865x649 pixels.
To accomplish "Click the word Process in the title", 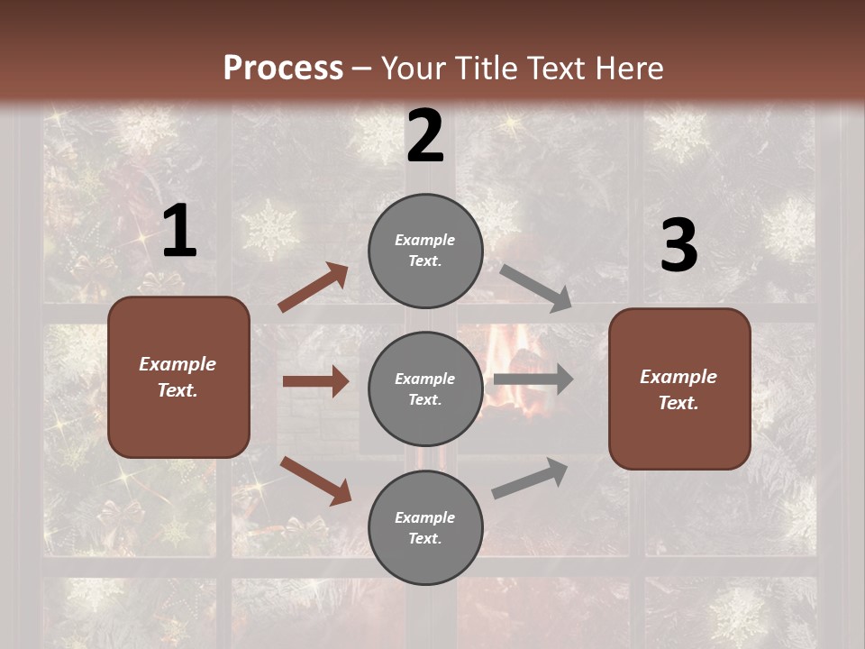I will point(283,68).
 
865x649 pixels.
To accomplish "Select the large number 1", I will point(179,232).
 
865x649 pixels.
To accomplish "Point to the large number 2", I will point(425,136).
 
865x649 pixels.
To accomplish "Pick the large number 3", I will point(678,246).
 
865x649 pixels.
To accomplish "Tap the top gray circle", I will point(425,251).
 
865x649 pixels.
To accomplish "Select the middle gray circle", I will point(425,388).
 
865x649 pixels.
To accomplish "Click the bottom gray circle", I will point(425,527).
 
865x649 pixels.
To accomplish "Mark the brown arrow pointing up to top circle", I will point(314,288).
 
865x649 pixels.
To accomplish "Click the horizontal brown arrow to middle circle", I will point(315,381).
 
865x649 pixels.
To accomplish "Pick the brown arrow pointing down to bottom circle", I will point(315,480).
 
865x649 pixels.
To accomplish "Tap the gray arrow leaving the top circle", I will point(536,288).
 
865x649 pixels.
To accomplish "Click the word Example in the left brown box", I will point(178,364).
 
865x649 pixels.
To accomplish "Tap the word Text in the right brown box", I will point(678,403).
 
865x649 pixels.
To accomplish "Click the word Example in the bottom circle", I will point(425,517).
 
